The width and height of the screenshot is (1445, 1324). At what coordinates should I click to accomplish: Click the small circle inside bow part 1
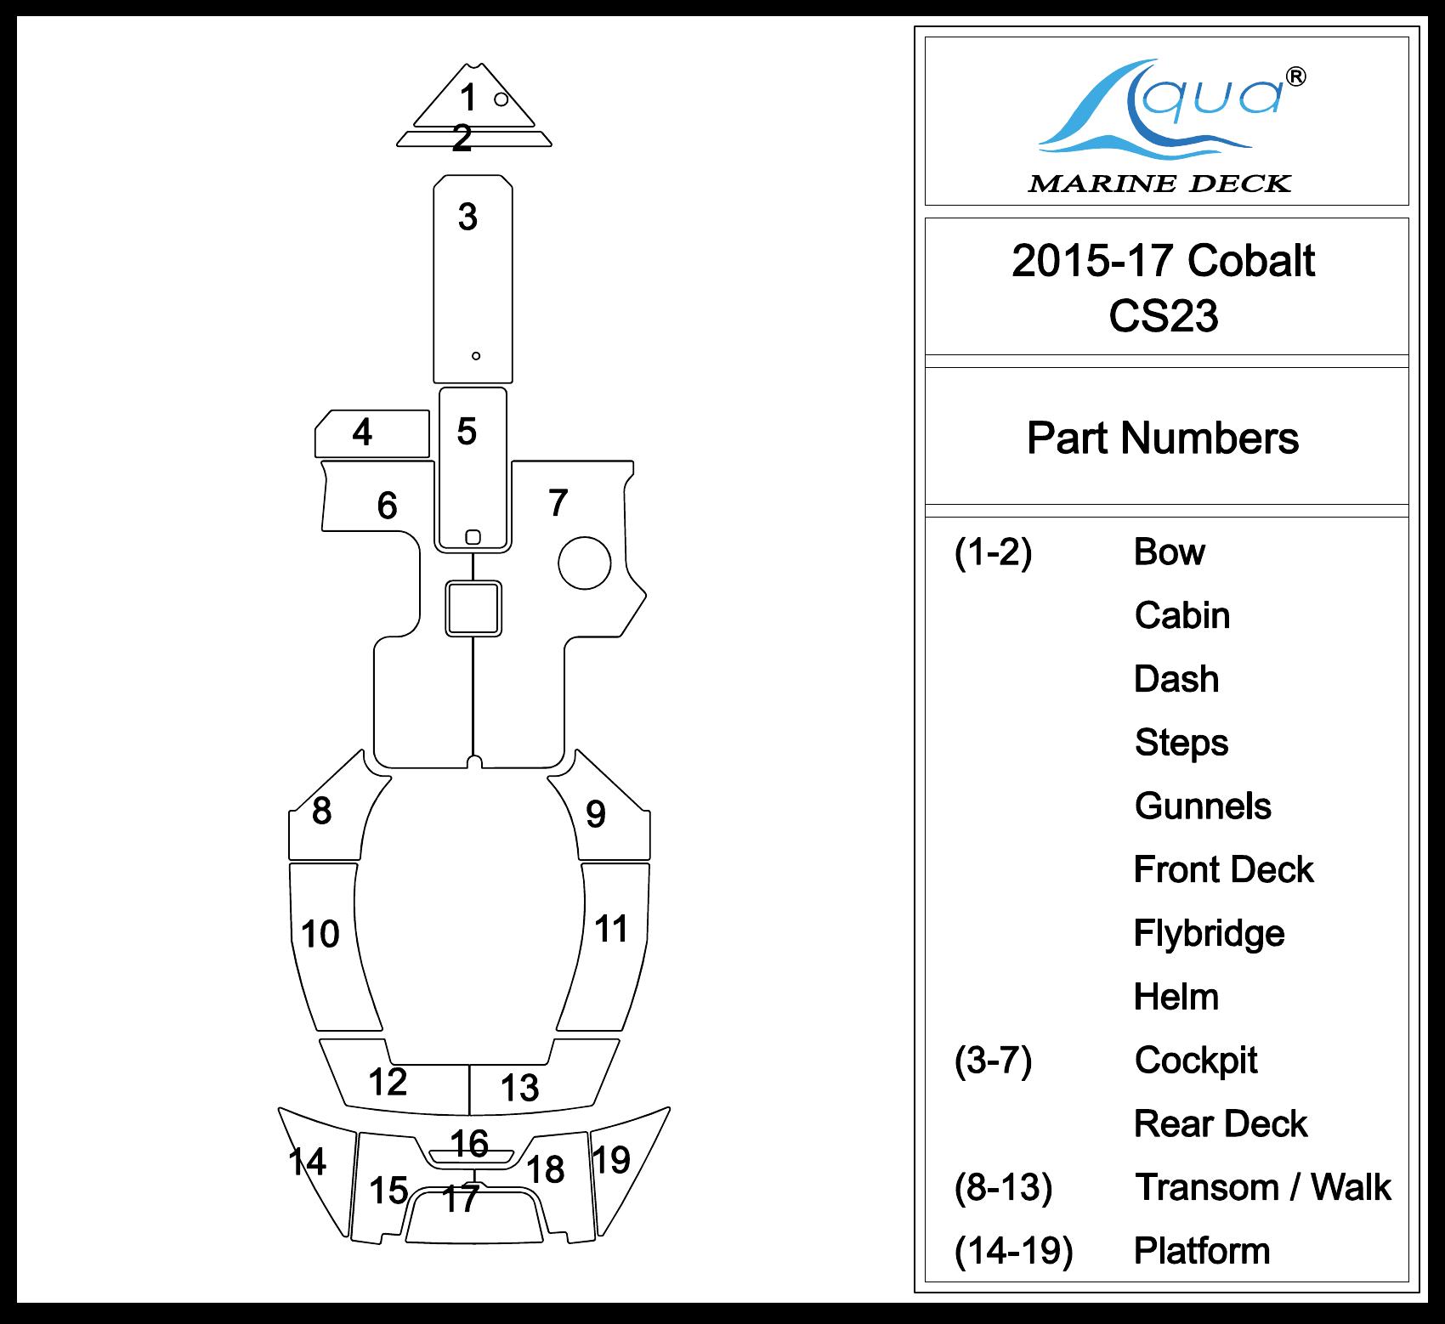(501, 99)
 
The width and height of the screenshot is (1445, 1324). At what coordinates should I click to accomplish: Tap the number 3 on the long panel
(467, 218)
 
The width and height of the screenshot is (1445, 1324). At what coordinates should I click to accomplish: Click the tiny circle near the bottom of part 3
(476, 356)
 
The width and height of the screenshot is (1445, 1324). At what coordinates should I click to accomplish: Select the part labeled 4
(371, 433)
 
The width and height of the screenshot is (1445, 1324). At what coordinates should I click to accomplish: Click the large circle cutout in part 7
(585, 563)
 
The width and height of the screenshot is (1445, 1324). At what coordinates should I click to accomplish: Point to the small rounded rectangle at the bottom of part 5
(473, 537)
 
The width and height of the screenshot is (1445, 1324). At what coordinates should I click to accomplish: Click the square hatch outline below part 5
(473, 608)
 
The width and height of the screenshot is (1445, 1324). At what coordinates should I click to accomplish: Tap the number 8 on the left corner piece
(321, 811)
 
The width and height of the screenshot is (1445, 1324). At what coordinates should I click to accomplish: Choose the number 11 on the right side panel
(611, 929)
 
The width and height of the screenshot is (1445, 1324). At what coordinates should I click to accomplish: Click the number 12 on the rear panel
(388, 1082)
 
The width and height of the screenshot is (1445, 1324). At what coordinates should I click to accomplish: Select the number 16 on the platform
(469, 1144)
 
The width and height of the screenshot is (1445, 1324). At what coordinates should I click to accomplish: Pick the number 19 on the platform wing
(611, 1160)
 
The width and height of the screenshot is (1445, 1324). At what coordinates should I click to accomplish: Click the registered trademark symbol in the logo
(1296, 76)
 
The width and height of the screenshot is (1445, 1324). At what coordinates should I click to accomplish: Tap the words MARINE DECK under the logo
(1159, 184)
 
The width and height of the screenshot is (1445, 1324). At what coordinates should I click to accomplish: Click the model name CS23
(1163, 316)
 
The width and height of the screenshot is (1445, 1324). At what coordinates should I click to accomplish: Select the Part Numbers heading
(1163, 439)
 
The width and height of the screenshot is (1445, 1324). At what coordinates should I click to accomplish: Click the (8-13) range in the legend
(1003, 1187)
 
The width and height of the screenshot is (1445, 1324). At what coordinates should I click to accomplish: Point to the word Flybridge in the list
(1209, 933)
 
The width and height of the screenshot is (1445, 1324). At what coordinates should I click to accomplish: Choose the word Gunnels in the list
(1203, 806)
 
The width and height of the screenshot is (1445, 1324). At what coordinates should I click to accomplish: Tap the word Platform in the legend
(1202, 1251)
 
